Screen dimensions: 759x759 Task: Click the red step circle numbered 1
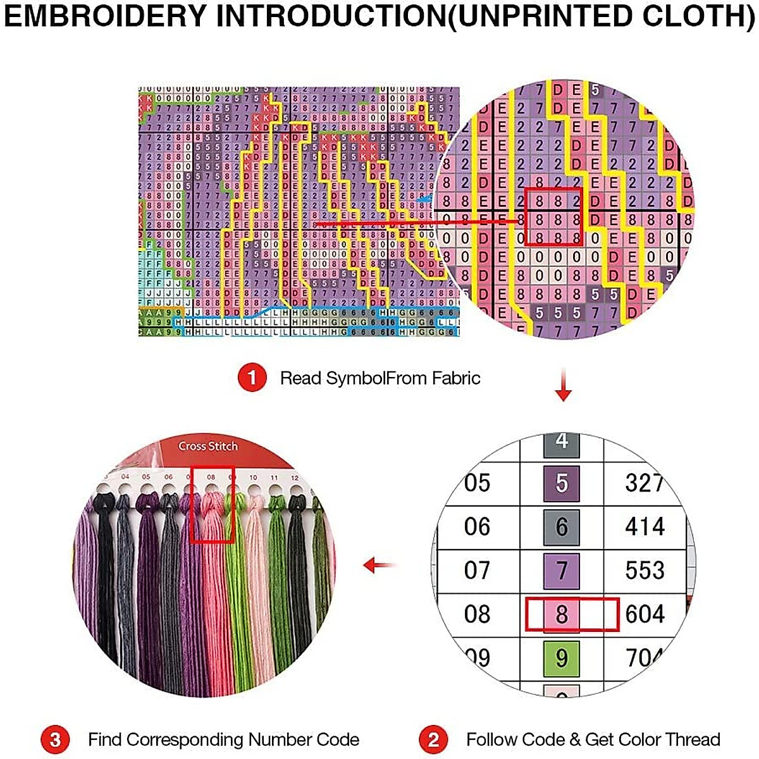(x=252, y=378)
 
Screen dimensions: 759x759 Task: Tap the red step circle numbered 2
(x=434, y=739)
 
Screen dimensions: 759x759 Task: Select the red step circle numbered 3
(x=56, y=739)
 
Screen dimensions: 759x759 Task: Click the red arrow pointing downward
(x=563, y=388)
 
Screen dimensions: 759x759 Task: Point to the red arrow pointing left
(x=379, y=565)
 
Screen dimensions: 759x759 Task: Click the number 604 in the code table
(x=645, y=614)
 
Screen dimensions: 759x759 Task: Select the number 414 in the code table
(x=645, y=527)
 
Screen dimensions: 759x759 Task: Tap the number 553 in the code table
(x=645, y=571)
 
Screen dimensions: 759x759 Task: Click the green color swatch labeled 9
(x=562, y=658)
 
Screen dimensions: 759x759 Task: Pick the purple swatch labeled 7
(x=562, y=571)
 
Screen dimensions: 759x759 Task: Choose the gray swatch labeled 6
(x=562, y=527)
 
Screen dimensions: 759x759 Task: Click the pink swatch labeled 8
(x=562, y=614)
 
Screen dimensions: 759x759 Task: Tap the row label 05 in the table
(x=477, y=483)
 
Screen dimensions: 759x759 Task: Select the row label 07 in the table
(x=477, y=571)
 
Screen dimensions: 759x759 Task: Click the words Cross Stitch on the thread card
(x=208, y=446)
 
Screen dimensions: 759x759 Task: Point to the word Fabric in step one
(x=456, y=378)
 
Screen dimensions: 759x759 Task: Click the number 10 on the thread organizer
(x=253, y=478)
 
